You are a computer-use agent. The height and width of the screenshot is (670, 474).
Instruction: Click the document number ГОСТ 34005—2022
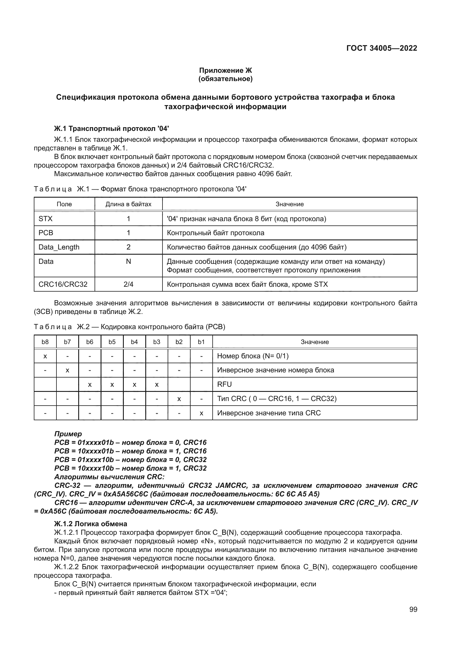pyautogui.click(x=381, y=48)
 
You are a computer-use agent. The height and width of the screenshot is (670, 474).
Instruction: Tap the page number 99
pyautogui.click(x=413, y=609)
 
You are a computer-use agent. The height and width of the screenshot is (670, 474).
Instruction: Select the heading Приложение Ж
pyautogui.click(x=225, y=70)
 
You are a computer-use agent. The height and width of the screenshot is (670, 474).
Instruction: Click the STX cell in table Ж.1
pyautogui.click(x=46, y=219)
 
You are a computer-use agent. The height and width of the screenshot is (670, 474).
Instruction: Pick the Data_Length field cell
pyautogui.click(x=59, y=247)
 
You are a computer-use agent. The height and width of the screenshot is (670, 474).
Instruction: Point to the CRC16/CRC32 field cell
pyautogui.click(x=63, y=284)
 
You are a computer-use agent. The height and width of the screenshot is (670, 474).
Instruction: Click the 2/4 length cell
pyautogui.click(x=128, y=284)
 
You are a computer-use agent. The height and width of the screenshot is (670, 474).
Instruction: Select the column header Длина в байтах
pyautogui.click(x=128, y=204)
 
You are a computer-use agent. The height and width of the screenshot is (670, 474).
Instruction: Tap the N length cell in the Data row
pyautogui.click(x=128, y=262)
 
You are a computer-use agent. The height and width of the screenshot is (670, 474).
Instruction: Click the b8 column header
pyautogui.click(x=45, y=342)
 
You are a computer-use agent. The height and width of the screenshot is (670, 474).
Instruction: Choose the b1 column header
pyautogui.click(x=201, y=342)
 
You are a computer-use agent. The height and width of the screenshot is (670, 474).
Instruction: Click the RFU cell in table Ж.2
pyautogui.click(x=224, y=384)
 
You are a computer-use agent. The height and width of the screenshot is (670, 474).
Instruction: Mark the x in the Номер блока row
pyautogui.click(x=45, y=356)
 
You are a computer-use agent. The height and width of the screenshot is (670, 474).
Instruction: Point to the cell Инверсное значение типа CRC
pyautogui.click(x=269, y=413)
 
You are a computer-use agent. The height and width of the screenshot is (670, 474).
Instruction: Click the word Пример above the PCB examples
pyautogui.click(x=68, y=434)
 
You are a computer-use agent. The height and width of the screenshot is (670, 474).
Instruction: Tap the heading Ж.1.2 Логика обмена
pyautogui.click(x=91, y=524)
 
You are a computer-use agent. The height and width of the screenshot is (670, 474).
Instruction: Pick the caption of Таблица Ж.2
pyautogui.click(x=130, y=327)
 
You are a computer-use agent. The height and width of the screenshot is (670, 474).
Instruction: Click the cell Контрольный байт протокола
pyautogui.click(x=216, y=233)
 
